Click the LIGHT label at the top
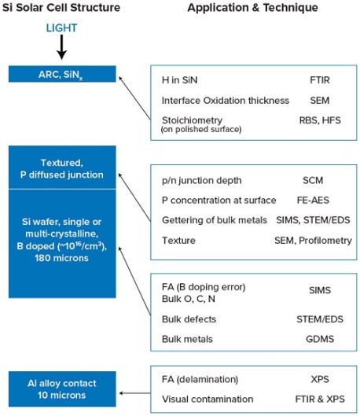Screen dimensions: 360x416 tap(61, 28)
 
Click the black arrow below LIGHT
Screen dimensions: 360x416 tap(62, 47)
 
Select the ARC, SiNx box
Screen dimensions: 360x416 tap(62, 74)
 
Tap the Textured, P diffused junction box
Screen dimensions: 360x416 tap(62, 168)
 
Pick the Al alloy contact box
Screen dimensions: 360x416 tap(62, 389)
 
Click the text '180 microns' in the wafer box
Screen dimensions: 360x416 tap(61, 258)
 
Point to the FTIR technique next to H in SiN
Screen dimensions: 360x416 tap(320, 80)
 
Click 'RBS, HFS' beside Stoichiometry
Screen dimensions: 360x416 tap(320, 120)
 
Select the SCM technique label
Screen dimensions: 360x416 tap(313, 180)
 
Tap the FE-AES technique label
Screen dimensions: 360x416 tap(313, 200)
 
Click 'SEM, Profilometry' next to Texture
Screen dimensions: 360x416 tap(313, 241)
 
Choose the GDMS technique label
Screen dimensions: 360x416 tap(320, 339)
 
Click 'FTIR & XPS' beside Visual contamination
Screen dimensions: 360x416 tap(320, 399)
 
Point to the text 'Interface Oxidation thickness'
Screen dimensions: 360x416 tap(226, 101)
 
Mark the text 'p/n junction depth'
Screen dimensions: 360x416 tap(202, 181)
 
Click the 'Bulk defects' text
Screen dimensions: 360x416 tap(189, 319)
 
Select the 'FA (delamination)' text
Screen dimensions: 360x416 tap(200, 379)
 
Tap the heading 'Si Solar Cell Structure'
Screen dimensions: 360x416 tap(61, 7)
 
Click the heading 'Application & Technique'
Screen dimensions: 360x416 tap(252, 8)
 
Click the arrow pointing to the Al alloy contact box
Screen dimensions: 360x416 tap(134, 393)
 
